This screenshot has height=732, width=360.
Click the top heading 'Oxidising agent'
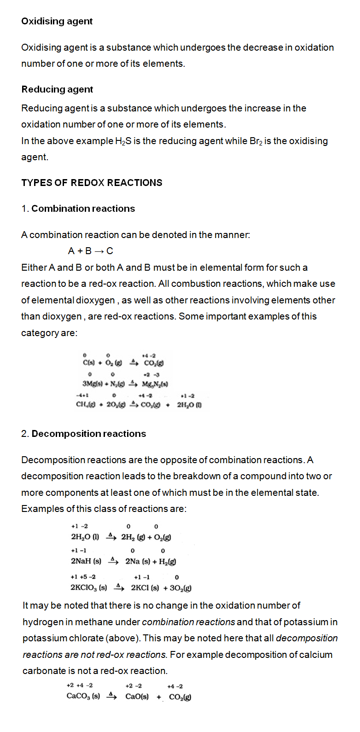(57, 21)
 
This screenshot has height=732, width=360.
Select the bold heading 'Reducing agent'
(57, 89)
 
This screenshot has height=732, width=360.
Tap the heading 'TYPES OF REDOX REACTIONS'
(92, 183)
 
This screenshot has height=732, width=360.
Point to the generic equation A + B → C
(90, 251)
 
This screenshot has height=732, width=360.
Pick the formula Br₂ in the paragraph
(255, 141)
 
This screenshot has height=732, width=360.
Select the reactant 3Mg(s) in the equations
(92, 384)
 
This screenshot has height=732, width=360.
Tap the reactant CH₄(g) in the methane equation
(86, 405)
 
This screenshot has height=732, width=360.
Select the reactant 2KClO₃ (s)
(88, 588)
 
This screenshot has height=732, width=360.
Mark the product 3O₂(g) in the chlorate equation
(180, 588)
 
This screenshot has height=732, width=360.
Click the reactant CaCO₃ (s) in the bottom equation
(83, 696)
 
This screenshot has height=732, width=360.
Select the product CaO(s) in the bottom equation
(137, 696)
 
